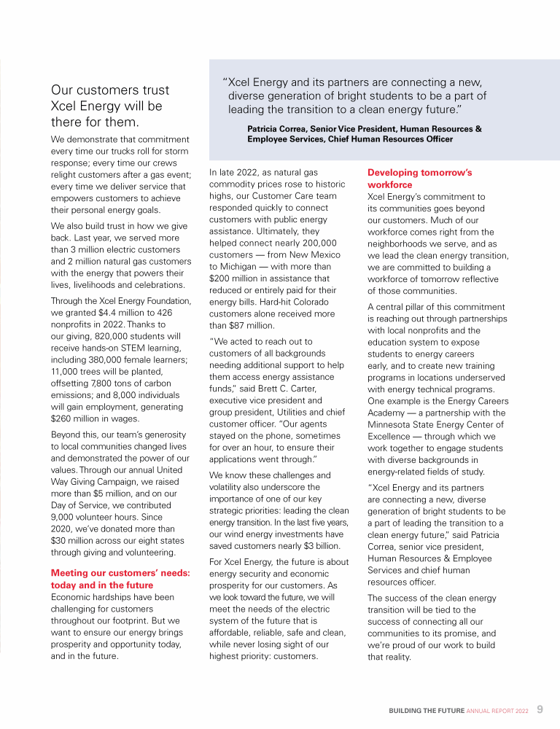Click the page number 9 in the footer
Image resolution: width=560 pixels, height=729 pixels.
pyautogui.click(x=540, y=709)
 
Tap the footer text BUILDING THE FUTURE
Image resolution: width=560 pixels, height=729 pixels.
pyautogui.click(x=427, y=710)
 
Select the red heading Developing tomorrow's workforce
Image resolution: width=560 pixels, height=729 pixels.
pyautogui.click(x=419, y=179)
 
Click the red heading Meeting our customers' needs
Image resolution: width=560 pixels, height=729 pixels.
pyautogui.click(x=120, y=579)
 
